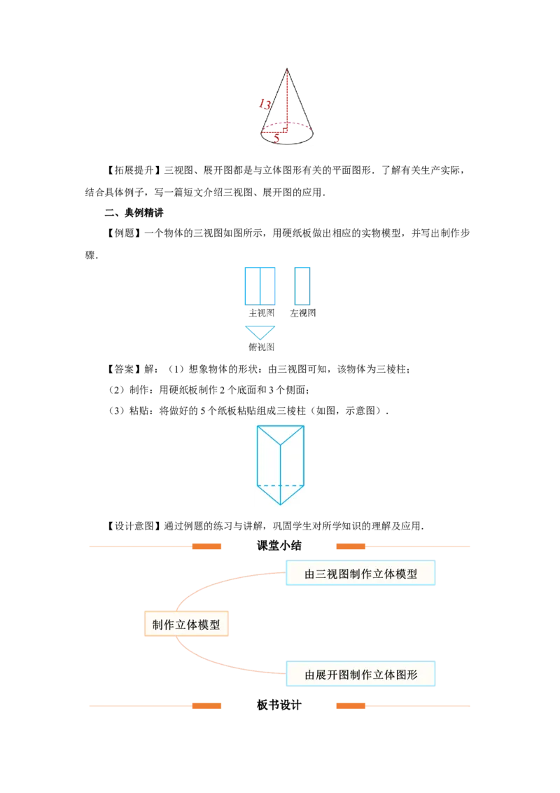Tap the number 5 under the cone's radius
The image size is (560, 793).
point(276,139)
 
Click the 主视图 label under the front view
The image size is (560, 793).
point(260,313)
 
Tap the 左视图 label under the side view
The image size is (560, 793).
point(303,313)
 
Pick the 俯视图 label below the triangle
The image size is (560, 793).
point(260,347)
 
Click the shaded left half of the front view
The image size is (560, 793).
point(252,286)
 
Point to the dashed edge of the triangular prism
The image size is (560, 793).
point(280,485)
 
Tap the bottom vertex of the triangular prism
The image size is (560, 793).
point(280,504)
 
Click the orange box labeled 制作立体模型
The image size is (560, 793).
point(186,624)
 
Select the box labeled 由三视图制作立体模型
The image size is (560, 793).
point(360,574)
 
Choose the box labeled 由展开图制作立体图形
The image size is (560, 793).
point(360,675)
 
